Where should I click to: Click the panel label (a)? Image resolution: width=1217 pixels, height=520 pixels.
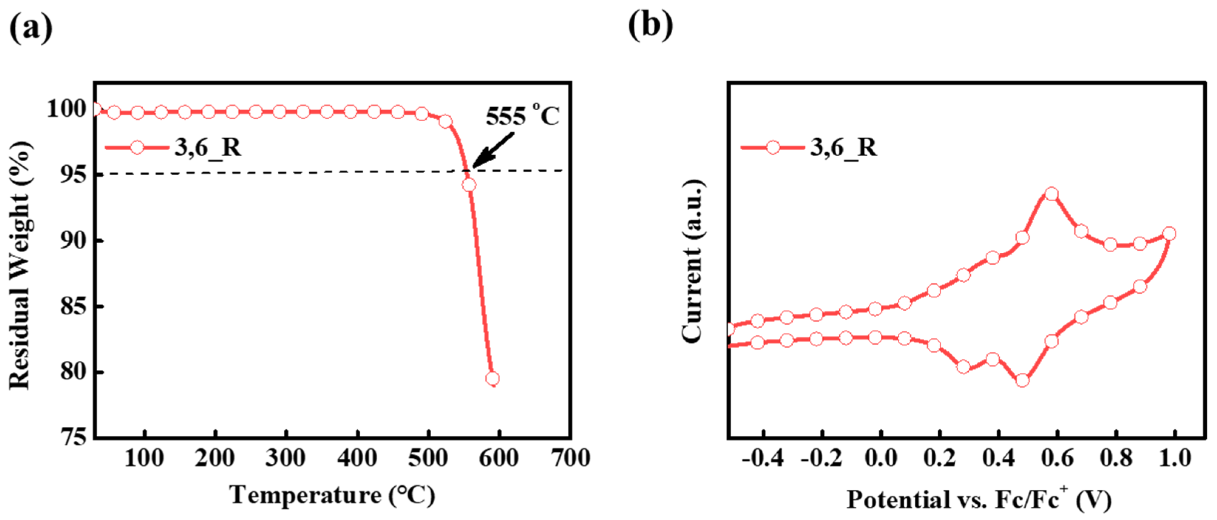pyautogui.click(x=31, y=27)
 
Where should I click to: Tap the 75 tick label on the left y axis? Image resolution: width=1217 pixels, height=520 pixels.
pyautogui.click(x=73, y=437)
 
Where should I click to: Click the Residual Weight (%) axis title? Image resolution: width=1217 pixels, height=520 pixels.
pyautogui.click(x=20, y=265)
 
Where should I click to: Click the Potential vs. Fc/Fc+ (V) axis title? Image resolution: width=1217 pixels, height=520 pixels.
pyautogui.click(x=978, y=499)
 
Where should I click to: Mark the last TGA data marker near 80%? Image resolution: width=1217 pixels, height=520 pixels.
pyautogui.click(x=492, y=379)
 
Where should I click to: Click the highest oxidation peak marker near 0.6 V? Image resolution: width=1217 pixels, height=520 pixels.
pyautogui.click(x=1051, y=194)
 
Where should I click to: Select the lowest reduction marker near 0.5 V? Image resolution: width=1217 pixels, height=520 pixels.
pyautogui.click(x=1022, y=381)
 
